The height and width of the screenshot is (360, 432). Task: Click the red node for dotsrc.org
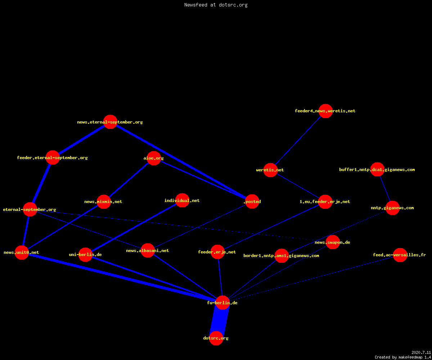(216, 338)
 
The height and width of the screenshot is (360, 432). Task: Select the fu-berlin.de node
(222, 302)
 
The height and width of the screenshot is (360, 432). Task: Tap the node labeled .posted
(252, 201)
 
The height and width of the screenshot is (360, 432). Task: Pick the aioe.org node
(154, 158)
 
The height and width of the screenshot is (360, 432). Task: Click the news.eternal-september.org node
(110, 122)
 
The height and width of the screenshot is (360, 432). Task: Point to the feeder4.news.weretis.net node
(325, 111)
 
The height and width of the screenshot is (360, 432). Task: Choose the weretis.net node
(270, 170)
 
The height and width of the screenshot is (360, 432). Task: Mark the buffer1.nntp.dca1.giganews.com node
(377, 169)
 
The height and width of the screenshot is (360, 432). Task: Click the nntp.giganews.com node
(392, 208)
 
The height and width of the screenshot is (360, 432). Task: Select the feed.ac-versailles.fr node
(400, 255)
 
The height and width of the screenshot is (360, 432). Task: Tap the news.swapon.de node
(333, 242)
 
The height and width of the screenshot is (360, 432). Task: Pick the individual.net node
(182, 200)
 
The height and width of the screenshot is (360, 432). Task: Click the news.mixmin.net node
(104, 202)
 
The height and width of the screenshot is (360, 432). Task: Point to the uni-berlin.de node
(85, 255)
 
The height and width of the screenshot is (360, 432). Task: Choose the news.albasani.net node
(148, 250)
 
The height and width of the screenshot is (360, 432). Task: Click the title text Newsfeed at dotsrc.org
(216, 5)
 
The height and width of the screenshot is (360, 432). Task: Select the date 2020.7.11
(421, 352)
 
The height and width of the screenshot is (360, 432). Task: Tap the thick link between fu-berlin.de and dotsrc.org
(219, 320)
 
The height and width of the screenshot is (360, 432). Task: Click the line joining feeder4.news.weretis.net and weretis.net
(298, 140)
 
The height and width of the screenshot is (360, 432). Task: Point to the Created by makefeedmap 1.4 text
(402, 357)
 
